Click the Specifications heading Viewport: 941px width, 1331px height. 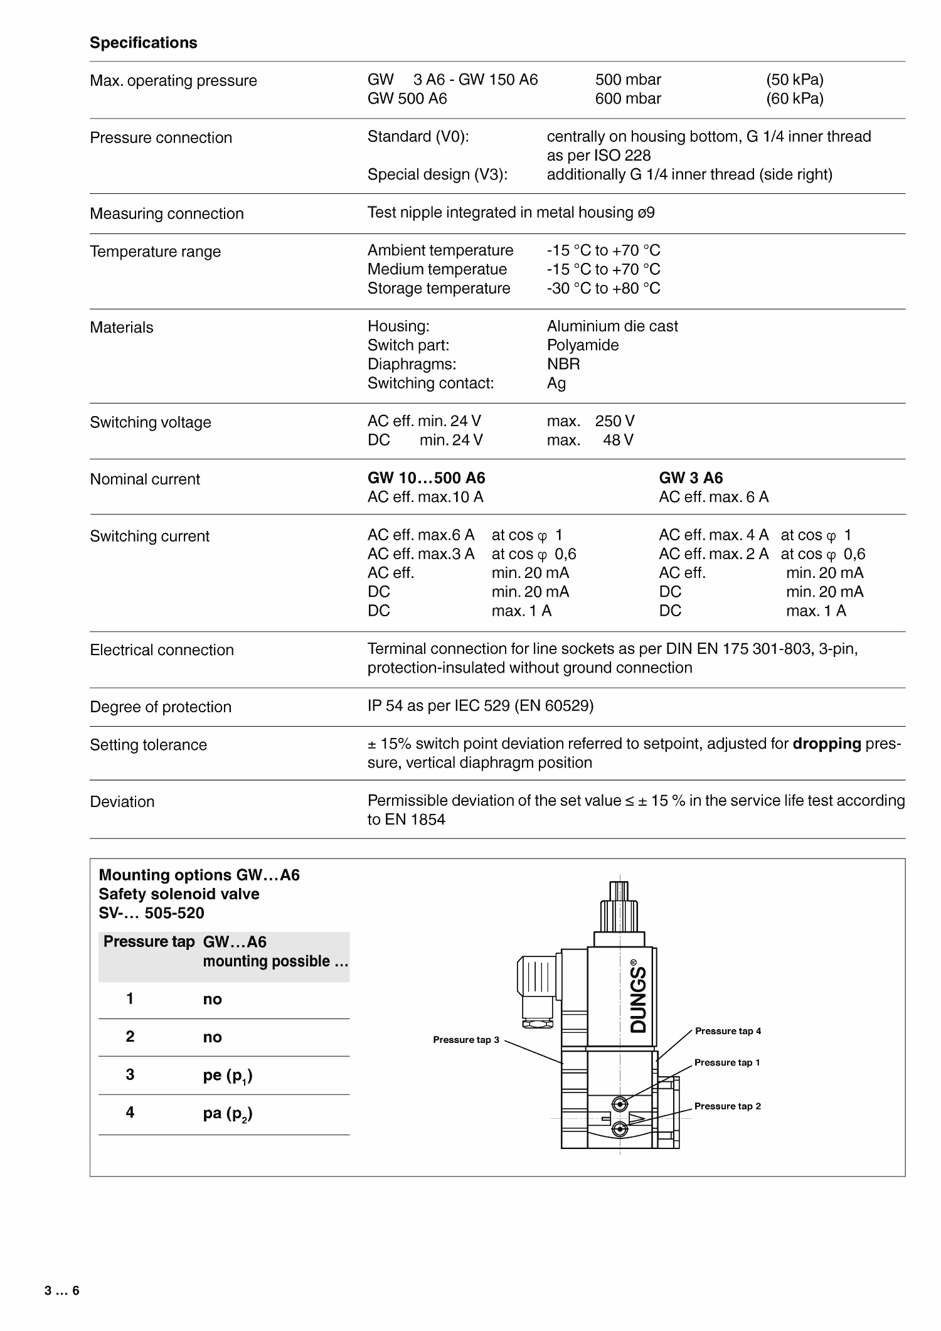click(143, 43)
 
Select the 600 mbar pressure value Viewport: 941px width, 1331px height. click(628, 99)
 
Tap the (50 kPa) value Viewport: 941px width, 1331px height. click(794, 80)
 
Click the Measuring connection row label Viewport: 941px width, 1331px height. click(166, 213)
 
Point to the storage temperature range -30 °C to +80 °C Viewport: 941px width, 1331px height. click(603, 288)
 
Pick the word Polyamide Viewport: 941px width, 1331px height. click(582, 345)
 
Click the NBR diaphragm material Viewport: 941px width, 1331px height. click(563, 364)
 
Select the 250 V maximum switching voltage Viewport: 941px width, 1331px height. click(614, 421)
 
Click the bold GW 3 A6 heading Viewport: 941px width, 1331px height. click(690, 478)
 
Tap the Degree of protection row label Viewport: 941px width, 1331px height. click(161, 707)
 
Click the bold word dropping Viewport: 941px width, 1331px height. click(826, 744)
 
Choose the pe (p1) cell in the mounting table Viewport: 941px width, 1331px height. click(228, 1076)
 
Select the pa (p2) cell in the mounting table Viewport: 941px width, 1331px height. click(228, 1114)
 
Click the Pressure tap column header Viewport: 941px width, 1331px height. click(149, 942)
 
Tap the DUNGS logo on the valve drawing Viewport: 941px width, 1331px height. click(638, 997)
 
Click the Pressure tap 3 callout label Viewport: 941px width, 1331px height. click(465, 1040)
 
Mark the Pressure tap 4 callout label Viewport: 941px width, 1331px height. click(728, 1031)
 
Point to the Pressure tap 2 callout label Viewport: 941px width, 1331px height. click(727, 1106)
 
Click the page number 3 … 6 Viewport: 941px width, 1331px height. click(62, 1291)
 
